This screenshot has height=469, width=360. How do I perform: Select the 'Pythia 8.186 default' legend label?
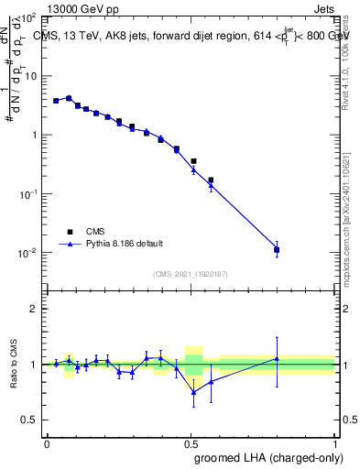click(125, 244)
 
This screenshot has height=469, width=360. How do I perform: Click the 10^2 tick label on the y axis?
click(27, 17)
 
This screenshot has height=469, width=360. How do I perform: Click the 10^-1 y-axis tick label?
click(27, 194)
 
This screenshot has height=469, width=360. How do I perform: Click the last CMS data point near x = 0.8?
click(277, 249)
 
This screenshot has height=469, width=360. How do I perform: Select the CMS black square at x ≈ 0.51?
click(193, 161)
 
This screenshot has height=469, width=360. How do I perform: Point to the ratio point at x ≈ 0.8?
click(277, 358)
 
